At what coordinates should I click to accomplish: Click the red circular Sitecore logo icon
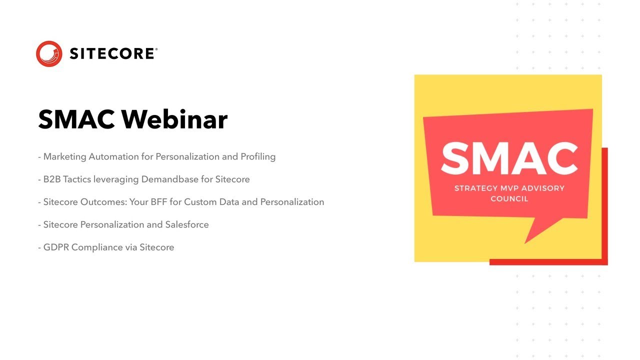click(49, 53)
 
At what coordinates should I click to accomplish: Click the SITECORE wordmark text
click(111, 53)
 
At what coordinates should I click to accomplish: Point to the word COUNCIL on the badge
click(509, 198)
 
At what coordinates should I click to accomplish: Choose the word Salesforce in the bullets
click(187, 224)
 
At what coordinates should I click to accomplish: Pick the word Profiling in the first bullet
click(258, 156)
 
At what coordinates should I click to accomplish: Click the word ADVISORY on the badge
click(544, 188)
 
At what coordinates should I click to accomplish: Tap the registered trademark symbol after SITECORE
click(156, 49)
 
